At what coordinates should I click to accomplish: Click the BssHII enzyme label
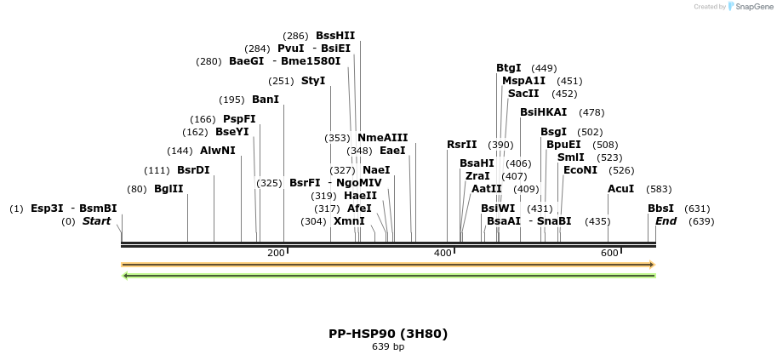click(334, 36)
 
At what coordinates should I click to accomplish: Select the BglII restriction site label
click(169, 189)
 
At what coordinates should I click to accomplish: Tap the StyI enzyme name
click(313, 81)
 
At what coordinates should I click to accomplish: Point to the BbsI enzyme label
click(660, 209)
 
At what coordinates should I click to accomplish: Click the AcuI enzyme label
click(620, 189)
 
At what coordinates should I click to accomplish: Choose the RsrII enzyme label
click(461, 145)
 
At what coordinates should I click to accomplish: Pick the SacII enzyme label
click(523, 94)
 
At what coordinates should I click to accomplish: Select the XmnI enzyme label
click(349, 221)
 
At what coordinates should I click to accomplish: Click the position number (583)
click(659, 189)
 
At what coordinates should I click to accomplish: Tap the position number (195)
click(231, 100)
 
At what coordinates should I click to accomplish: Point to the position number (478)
click(591, 112)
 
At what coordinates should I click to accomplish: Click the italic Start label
click(96, 221)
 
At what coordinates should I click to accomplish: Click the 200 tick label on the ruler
click(276, 254)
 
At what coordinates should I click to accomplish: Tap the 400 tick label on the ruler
click(443, 254)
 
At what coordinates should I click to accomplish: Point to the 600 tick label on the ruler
click(609, 254)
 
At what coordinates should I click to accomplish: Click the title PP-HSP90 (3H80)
click(388, 334)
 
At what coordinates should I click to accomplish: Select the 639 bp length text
click(388, 346)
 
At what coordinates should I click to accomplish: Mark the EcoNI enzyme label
click(580, 170)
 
